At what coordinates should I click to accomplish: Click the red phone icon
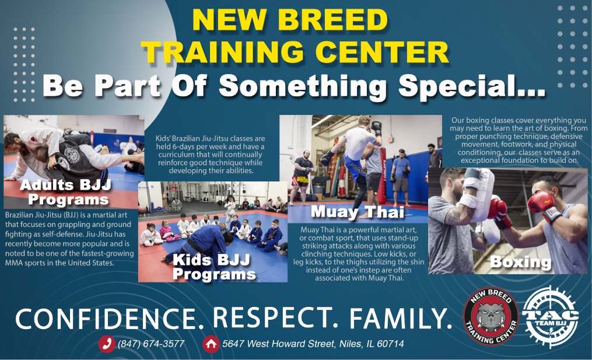pos(107,344)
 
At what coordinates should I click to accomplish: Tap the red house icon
pos(211,344)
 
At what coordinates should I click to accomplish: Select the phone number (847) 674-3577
pos(151,344)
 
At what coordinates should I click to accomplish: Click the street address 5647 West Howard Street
pos(278,344)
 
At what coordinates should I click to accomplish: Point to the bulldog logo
pos(491,316)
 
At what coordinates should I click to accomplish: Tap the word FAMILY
pos(400,318)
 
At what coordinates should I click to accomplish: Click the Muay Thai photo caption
pos(357,212)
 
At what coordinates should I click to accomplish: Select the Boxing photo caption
pos(521,262)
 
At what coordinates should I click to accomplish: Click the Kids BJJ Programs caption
pos(213,267)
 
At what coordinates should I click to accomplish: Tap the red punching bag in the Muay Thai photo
pos(382,175)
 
